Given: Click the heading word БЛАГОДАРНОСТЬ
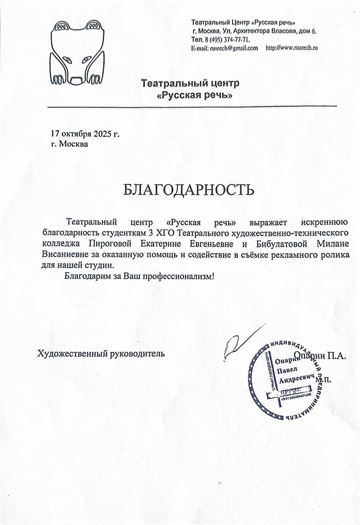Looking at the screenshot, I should (x=189, y=190).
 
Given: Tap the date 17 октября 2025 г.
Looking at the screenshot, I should (x=85, y=134).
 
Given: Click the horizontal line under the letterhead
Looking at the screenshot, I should (x=192, y=106).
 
